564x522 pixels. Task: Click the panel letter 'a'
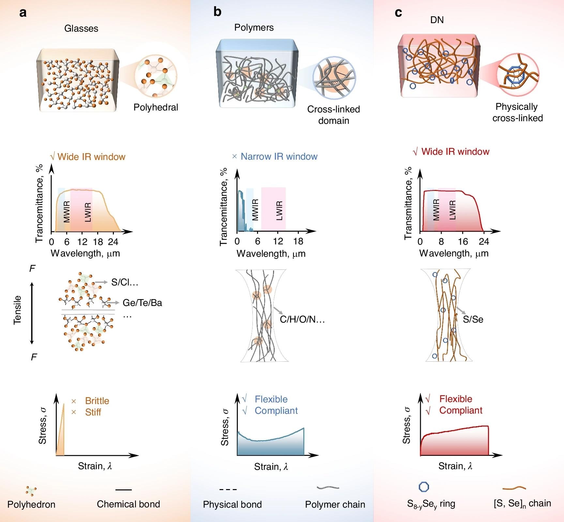tap(23, 13)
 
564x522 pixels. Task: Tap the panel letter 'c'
tap(398, 13)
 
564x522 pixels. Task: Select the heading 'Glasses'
tap(81, 28)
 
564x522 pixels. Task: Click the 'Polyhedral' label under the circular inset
tap(156, 107)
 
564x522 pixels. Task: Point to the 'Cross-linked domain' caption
tap(334, 115)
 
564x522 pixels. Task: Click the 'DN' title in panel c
tap(437, 20)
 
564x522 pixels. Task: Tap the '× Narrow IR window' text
tap(275, 156)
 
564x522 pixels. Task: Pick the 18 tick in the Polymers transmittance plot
tap(298, 241)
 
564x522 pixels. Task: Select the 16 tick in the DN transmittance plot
tap(463, 241)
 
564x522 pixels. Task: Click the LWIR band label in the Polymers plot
tap(279, 210)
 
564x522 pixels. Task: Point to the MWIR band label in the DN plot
tap(436, 210)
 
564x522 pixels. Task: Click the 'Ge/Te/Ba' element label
tap(142, 303)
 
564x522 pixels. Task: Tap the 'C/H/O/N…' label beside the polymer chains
tap(302, 319)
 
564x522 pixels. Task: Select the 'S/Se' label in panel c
tap(473, 319)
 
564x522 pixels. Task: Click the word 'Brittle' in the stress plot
tap(97, 401)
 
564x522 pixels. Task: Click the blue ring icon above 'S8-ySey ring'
tap(424, 487)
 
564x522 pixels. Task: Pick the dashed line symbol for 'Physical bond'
tap(228, 489)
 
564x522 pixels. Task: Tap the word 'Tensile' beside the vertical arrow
tap(17, 310)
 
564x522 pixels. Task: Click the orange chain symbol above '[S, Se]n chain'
tap(514, 488)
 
